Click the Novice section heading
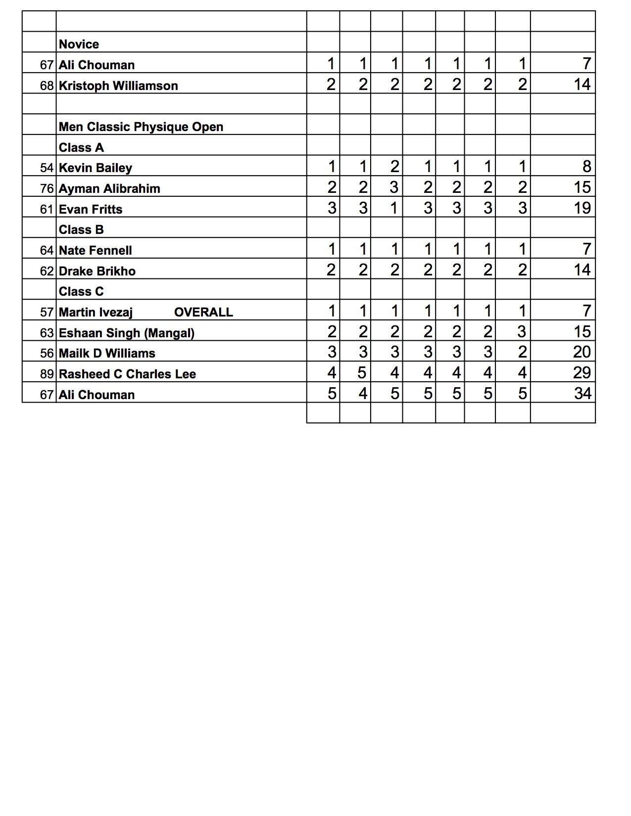tap(79, 45)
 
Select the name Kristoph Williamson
tap(118, 86)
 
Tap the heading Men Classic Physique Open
tap(141, 127)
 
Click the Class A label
tap(81, 148)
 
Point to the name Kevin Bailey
tap(96, 168)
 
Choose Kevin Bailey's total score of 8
tap(586, 167)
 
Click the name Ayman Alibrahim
tap(109, 189)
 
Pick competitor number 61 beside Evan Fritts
tap(47, 210)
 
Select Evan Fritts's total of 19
tap(582, 208)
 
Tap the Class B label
tap(81, 230)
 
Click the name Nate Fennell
tap(96, 251)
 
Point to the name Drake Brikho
tap(97, 272)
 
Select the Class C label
tap(81, 292)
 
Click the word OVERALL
tap(203, 313)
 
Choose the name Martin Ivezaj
tap(96, 313)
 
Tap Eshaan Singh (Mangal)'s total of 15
tap(582, 332)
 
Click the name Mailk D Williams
tap(107, 354)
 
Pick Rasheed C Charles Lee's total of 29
tap(582, 373)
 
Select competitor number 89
tap(47, 374)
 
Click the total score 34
tap(582, 394)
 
